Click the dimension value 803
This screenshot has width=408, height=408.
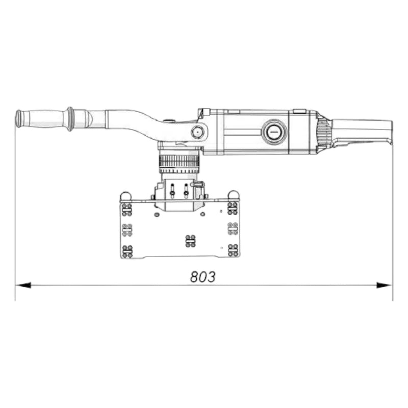pos(203,277)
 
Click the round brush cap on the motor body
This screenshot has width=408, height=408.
pos(274,132)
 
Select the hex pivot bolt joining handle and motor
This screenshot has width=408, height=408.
pos(197,132)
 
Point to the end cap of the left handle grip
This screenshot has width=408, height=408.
pos(18,118)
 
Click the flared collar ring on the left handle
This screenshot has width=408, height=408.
pos(69,119)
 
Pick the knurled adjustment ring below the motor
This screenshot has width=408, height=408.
pos(178,163)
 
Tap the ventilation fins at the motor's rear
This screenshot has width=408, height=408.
pos(323,132)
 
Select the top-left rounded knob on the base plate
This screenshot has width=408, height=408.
pos(125,196)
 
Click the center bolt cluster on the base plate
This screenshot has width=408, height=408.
pos(190,240)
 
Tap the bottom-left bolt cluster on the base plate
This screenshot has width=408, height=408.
pos(127,250)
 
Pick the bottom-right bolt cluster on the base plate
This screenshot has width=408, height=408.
pos(233,250)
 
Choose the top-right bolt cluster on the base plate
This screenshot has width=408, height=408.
pos(233,208)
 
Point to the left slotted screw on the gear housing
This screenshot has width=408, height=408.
pos(172,190)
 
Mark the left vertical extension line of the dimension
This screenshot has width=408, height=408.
pos(15,214)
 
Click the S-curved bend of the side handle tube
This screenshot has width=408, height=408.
pos(143,122)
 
